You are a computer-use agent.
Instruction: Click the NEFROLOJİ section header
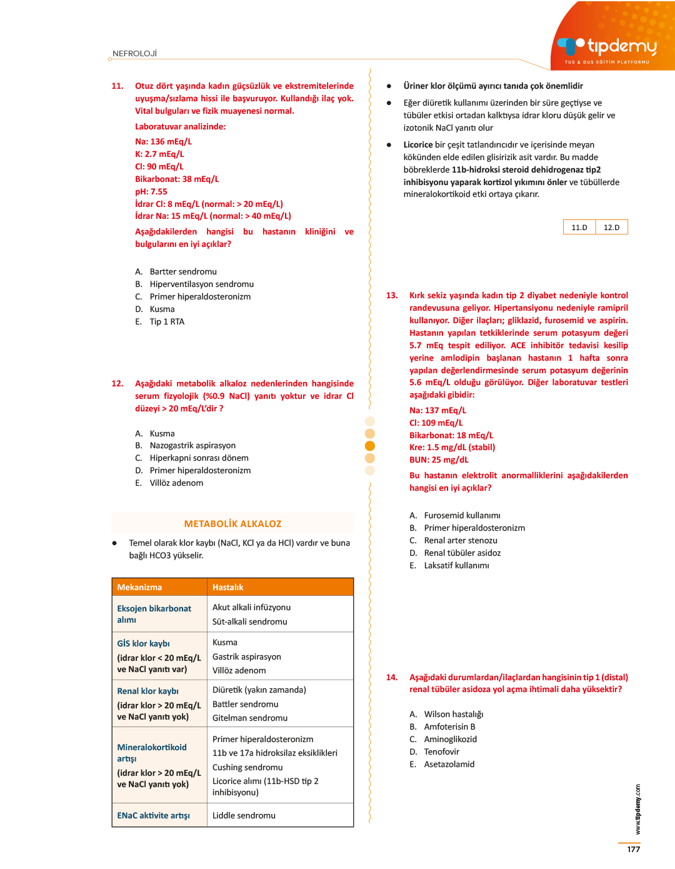134,54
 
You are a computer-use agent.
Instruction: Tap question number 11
117,86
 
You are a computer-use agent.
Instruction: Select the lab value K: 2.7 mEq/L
159,154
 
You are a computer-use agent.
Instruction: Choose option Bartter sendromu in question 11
182,272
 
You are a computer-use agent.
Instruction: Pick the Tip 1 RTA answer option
166,322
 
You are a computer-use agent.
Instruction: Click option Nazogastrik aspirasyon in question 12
192,446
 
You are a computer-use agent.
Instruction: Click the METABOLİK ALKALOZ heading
232,524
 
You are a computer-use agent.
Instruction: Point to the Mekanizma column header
139,588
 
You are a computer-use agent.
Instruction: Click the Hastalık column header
228,588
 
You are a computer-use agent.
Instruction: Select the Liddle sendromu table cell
244,816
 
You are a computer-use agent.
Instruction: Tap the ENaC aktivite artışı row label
153,816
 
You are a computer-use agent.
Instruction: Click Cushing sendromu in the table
247,768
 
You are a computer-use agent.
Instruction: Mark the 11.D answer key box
579,228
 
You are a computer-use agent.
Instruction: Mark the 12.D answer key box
611,228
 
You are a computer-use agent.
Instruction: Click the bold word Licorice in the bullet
418,145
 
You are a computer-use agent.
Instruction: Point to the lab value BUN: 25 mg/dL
439,460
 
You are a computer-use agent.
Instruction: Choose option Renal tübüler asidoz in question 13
462,553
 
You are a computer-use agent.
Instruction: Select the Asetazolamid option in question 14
449,765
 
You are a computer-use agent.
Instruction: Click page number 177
634,850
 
